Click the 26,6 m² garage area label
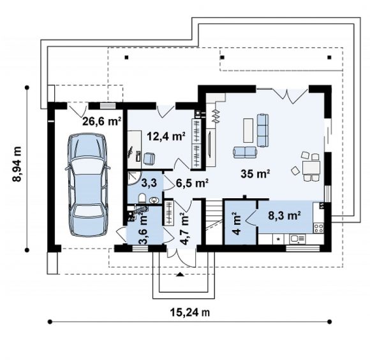pos(101,122)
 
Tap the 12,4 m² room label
pos(166,136)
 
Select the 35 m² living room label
pos(255,174)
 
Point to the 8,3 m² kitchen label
pos(284,215)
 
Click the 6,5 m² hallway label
pos(192,183)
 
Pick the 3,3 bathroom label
pos(149,183)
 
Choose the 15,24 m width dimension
pos(190,313)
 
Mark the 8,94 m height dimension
pos(17,164)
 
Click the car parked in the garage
pos(88,185)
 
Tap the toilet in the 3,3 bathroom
pos(142,198)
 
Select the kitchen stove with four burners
pos(318,228)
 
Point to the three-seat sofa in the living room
pos(263,130)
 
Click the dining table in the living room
pos(311,168)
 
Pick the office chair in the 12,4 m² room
pos(149,158)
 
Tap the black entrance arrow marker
pos(181,274)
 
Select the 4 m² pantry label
pos(237,224)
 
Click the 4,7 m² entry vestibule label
pos(184,229)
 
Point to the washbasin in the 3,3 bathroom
pos(154,200)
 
